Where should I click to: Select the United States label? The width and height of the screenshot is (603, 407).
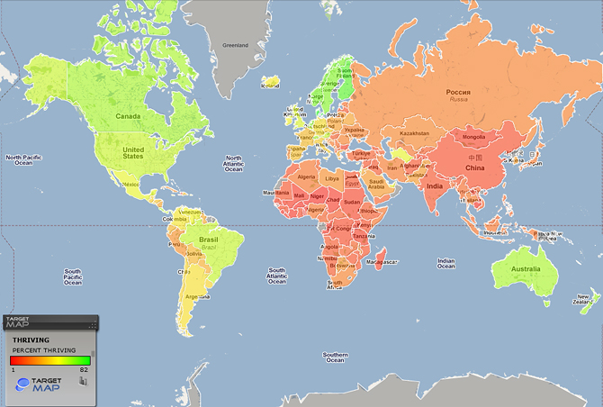point(132,152)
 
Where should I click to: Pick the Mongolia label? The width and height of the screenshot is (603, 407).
point(472,137)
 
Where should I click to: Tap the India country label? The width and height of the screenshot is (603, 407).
point(433,185)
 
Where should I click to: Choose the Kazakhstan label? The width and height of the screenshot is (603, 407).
point(415,133)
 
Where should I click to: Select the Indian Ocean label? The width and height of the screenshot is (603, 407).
point(445,263)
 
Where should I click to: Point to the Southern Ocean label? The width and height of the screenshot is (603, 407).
point(334,357)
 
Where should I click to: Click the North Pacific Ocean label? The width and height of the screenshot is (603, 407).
point(24,159)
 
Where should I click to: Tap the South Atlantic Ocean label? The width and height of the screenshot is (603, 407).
point(277,275)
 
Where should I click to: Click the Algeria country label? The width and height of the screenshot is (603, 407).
point(308,177)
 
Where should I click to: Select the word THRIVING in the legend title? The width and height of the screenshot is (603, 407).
point(30,339)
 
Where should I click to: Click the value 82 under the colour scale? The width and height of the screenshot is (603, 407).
point(82,369)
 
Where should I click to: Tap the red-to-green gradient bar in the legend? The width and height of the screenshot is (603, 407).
point(50,359)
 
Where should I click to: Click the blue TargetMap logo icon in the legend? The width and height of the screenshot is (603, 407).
point(23,384)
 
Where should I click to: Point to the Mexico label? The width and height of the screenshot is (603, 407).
point(130,185)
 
